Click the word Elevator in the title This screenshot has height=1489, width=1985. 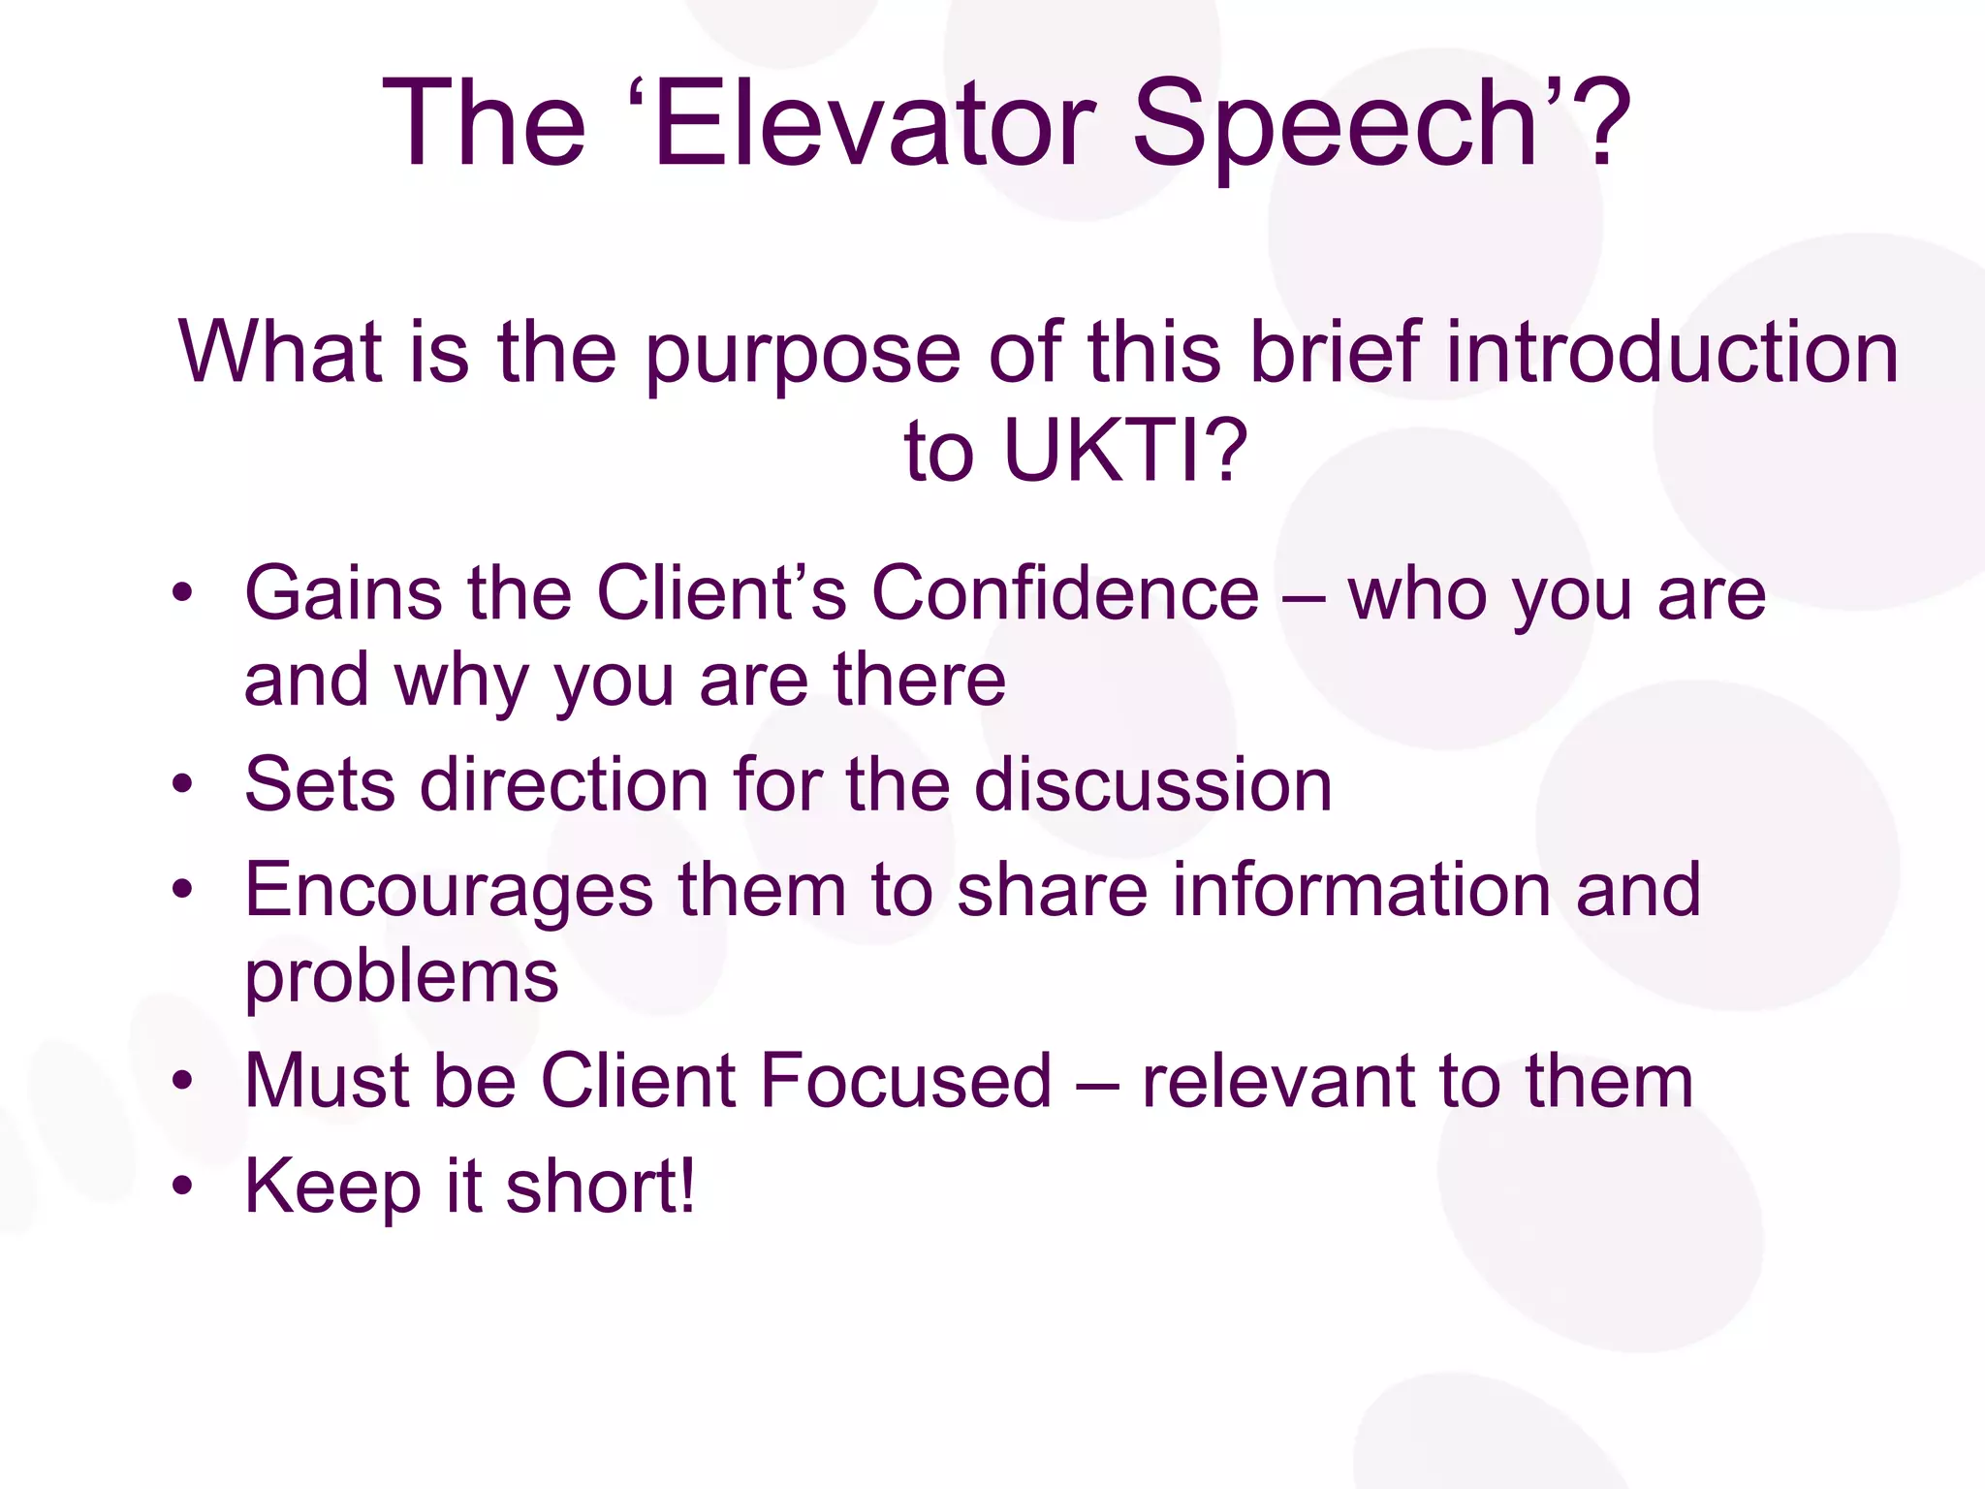[x=873, y=125]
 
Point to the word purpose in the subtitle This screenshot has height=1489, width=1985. [x=803, y=355]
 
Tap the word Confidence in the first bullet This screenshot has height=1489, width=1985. [x=1065, y=593]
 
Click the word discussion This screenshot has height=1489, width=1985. [x=1152, y=783]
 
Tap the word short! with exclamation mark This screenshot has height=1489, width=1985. [x=600, y=1186]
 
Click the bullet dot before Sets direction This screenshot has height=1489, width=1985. [x=183, y=783]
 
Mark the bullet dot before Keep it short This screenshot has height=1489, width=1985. [x=183, y=1186]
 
